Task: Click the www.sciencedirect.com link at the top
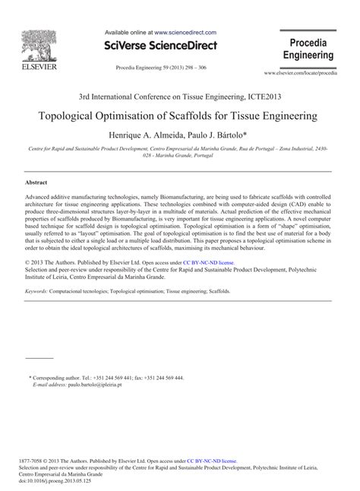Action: [x=185, y=33]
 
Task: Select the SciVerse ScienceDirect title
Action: [x=160, y=46]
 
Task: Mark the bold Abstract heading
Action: [x=38, y=183]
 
